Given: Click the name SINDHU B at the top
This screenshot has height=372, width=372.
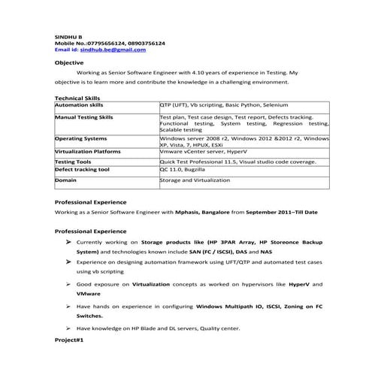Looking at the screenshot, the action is coord(67,37).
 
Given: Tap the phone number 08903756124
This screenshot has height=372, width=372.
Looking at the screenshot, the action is coord(149,43).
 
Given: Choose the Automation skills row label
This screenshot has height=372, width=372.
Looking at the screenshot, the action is coord(79,106).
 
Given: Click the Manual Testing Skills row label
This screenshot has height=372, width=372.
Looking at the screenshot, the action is coord(84,118).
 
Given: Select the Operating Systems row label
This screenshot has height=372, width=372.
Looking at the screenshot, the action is coord(81,139).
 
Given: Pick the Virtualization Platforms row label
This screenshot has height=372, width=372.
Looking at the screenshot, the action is coord(88,151).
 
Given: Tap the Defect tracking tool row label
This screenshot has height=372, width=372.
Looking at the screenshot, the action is coord(83,170).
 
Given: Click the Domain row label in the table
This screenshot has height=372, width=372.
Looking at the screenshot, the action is coord(66,180).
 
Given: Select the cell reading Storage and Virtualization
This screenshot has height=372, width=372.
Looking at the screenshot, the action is coord(193,180).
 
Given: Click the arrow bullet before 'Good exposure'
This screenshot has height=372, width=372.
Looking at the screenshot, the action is coord(68,285).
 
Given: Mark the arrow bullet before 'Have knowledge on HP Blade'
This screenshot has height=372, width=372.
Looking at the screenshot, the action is coord(68,328).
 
